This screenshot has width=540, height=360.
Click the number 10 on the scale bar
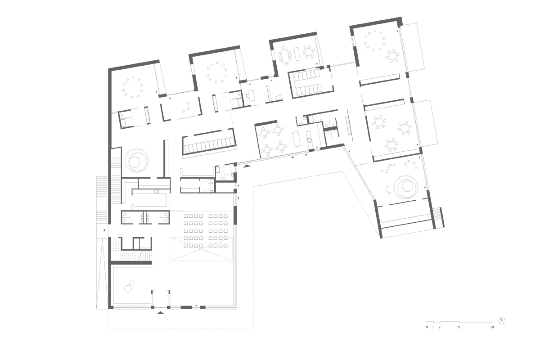pyautogui.click(x=492, y=327)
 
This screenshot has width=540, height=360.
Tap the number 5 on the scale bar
pyautogui.click(x=459, y=327)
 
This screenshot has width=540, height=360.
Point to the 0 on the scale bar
pyautogui.click(x=427, y=327)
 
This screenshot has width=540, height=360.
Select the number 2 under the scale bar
pyautogui.click(x=440, y=327)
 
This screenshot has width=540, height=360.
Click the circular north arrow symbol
pyautogui.click(x=502, y=321)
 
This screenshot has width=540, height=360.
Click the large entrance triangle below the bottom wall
pyautogui.click(x=161, y=313)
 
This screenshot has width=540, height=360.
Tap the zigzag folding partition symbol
pyautogui.click(x=177, y=211)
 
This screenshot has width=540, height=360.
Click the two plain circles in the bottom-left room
pyautogui.click(x=129, y=286)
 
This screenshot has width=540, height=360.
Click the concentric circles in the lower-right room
pyautogui.click(x=406, y=187)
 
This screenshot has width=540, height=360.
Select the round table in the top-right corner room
pyautogui.click(x=392, y=56)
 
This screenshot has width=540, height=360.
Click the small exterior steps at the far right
pyautogui.click(x=439, y=217)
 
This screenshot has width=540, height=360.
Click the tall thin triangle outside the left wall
pyautogui.click(x=102, y=273)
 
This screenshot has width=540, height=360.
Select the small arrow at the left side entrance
pyautogui.click(x=104, y=230)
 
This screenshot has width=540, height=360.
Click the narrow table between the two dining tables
pyautogui.click(x=297, y=54)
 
